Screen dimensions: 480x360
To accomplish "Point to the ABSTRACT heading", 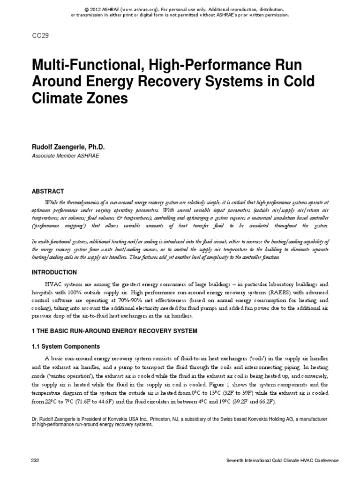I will click(47, 191).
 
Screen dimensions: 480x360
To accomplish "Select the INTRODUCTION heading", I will click(53, 272).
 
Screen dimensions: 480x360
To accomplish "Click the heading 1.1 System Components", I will click(65, 346).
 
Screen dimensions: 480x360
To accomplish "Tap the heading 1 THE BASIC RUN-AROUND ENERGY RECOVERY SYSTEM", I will click(114, 331).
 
